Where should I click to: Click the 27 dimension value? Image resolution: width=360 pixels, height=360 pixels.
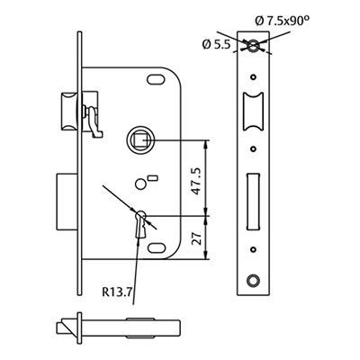196,238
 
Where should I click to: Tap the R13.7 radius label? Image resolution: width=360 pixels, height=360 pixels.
117,292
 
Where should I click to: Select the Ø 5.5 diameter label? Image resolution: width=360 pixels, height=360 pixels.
216,45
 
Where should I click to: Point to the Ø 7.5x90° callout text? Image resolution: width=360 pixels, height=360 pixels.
283,21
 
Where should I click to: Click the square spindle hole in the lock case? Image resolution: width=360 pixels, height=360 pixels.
139,140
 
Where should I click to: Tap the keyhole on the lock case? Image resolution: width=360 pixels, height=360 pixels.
140,224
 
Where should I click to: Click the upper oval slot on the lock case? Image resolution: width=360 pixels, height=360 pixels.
156,79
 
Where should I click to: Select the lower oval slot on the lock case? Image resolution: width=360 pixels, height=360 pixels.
157,247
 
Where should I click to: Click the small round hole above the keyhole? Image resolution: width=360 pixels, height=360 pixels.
139,184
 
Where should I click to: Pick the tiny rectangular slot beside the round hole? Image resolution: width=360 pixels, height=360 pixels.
153,178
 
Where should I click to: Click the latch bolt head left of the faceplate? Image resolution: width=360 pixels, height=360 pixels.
69,112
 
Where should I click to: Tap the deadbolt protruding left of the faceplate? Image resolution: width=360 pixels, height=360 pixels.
67,202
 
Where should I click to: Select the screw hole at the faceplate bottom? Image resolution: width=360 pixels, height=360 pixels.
254,280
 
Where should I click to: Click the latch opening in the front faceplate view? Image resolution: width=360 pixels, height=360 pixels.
254,112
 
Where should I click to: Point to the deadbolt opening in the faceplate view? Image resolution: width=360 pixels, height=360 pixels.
254,202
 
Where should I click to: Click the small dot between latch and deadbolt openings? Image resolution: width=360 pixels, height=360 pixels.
254,149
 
